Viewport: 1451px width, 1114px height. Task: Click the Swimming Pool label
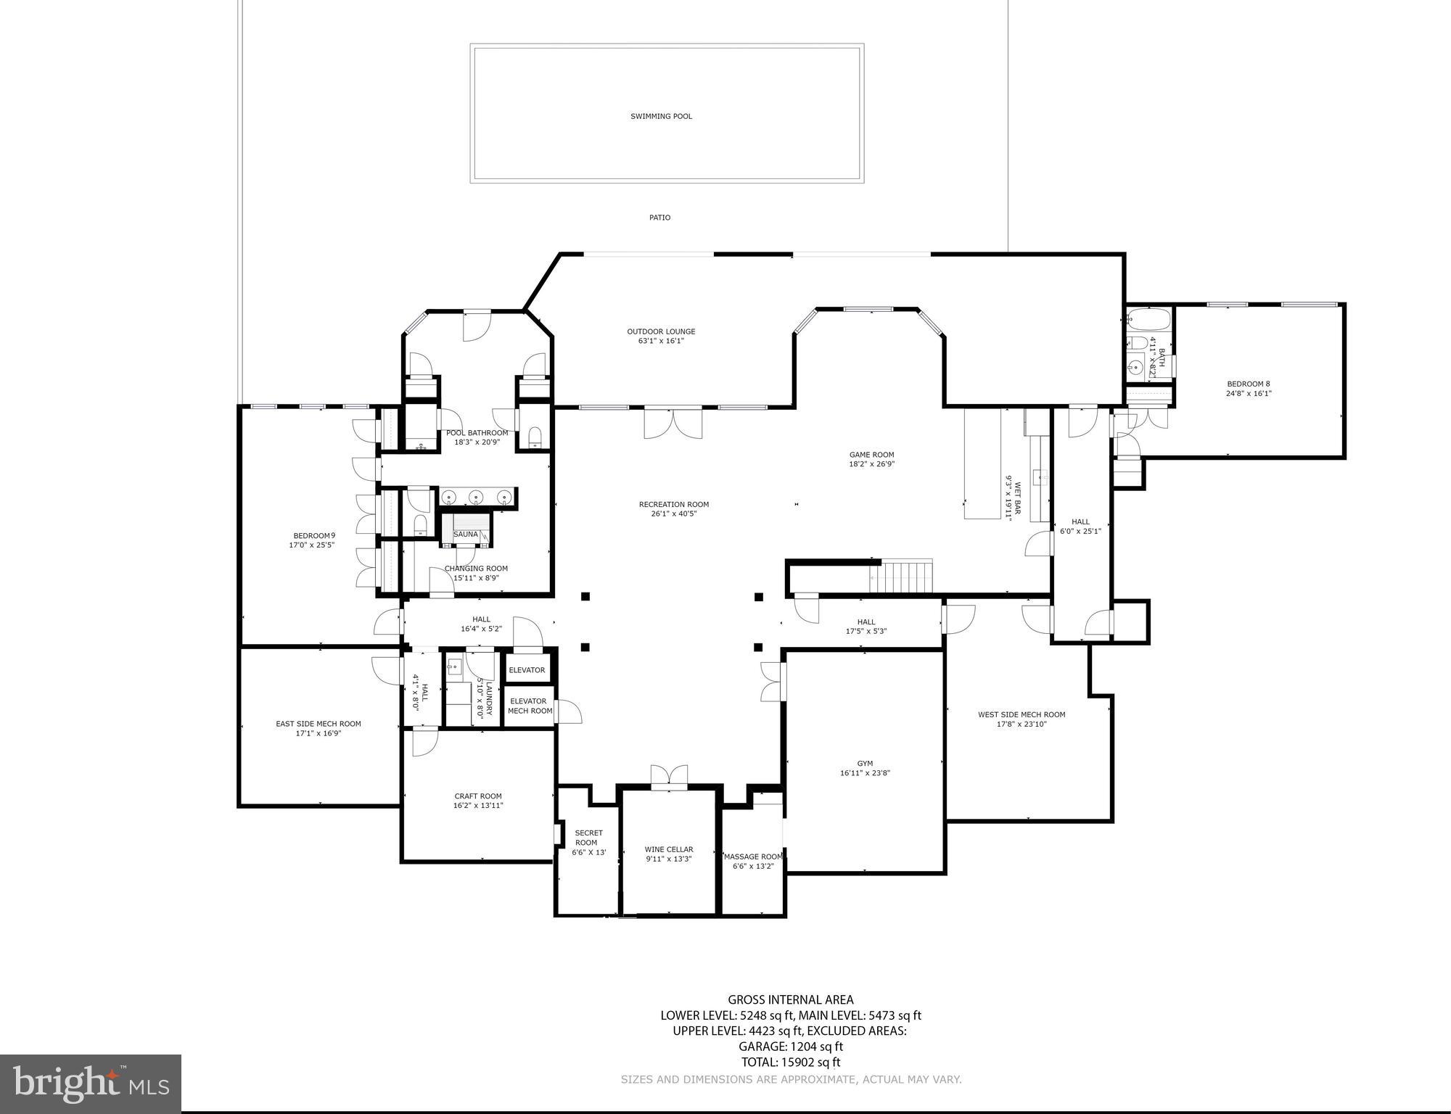coord(661,116)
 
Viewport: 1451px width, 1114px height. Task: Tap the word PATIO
coord(659,218)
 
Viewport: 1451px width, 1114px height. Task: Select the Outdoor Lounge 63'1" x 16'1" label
coord(661,336)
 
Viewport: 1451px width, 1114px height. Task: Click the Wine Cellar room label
coord(669,854)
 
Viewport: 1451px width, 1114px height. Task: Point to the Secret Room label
coord(588,842)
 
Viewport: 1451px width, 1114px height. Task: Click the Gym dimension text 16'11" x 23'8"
coord(865,773)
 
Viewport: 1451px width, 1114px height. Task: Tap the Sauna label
coord(466,535)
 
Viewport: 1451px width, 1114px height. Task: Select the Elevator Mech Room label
coord(530,706)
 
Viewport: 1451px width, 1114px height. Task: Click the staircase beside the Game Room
coord(905,577)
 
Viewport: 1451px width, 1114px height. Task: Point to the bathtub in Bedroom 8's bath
coord(1148,319)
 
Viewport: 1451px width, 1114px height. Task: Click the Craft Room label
coord(478,801)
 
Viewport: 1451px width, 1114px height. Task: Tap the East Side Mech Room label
coord(318,728)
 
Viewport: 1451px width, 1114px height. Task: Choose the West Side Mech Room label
coord(1022,719)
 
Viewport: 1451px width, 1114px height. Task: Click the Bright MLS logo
coord(91,1084)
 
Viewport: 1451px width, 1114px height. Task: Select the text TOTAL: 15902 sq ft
coord(790,1063)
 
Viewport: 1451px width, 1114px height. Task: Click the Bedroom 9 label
coord(313,540)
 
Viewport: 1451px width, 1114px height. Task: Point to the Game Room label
coord(871,459)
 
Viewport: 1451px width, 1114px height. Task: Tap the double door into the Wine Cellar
coord(668,777)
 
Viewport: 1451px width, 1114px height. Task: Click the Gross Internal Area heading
coord(790,1000)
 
